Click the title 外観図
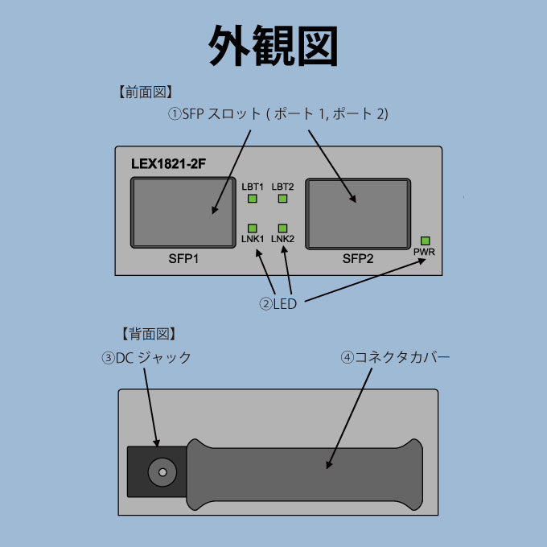(273, 46)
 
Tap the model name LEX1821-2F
(168, 163)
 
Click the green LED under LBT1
(252, 199)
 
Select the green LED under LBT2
(282, 199)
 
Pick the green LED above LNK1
(252, 228)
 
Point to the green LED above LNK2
(282, 228)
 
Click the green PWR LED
(426, 241)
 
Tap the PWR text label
(424, 253)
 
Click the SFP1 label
(183, 260)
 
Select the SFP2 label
(358, 259)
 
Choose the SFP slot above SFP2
(358, 212)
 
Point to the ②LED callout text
(278, 304)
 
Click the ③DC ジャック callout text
(147, 358)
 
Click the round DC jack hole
(162, 473)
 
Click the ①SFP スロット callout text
(278, 114)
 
